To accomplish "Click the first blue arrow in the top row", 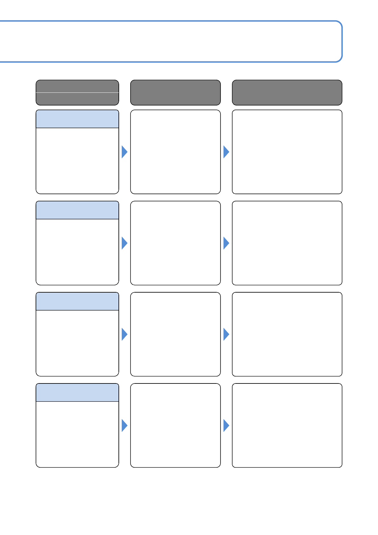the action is click(124, 152).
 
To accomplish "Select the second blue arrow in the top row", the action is click(226, 152).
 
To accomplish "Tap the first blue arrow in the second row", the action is click(124, 243).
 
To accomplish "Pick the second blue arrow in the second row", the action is click(226, 243).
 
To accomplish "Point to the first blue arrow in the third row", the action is click(124, 334).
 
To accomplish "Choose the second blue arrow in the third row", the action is click(226, 334).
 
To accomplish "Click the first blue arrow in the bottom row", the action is click(124, 425).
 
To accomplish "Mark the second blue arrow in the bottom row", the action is click(226, 425).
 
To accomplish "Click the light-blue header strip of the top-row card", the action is click(77, 119).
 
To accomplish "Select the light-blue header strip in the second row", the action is click(77, 210).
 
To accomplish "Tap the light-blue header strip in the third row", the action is click(77, 301).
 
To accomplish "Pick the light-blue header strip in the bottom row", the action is click(77, 393).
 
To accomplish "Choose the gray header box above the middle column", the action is click(175, 92).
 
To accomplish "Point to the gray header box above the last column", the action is click(287, 92).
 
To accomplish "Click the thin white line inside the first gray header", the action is click(77, 92).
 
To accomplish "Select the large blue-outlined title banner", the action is click(172, 41).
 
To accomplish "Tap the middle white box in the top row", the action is click(175, 152).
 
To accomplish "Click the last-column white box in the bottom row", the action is click(287, 425).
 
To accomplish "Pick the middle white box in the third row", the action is click(175, 334).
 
